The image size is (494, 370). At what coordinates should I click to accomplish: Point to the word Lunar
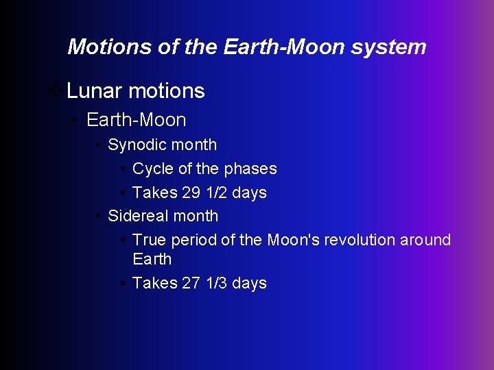[95, 90]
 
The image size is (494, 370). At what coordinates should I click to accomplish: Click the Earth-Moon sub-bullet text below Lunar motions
[136, 120]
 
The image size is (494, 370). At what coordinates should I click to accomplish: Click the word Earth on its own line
[152, 259]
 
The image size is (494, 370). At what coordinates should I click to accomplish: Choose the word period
[193, 240]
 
